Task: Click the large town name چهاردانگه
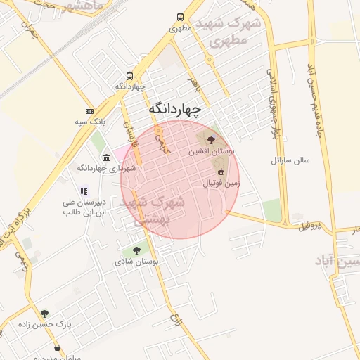pyautogui.click(x=175, y=110)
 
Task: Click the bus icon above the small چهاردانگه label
pyautogui.click(x=129, y=76)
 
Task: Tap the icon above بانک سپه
pyautogui.click(x=89, y=111)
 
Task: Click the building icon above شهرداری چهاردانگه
pyautogui.click(x=106, y=157)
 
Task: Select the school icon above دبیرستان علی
pyautogui.click(x=84, y=191)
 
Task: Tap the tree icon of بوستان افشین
pyautogui.click(x=212, y=140)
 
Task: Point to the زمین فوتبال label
pyautogui.click(x=221, y=183)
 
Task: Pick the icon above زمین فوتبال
pyautogui.click(x=221, y=172)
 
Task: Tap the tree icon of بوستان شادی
pyautogui.click(x=136, y=250)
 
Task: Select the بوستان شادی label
pyautogui.click(x=136, y=261)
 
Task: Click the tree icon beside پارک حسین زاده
pyautogui.click(x=45, y=314)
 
